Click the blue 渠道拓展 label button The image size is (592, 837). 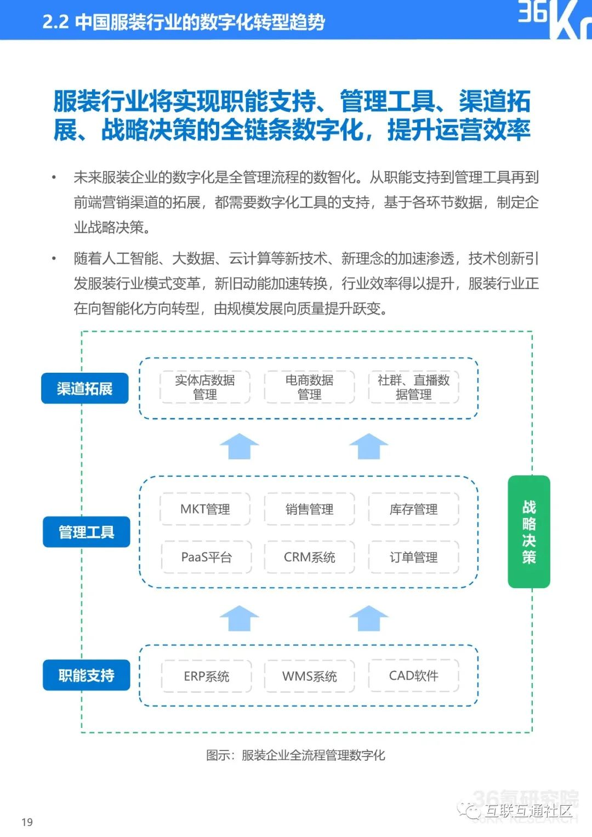point(84,388)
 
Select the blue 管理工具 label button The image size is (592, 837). point(86,532)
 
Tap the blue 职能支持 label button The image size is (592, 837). point(86,675)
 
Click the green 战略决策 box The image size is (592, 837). point(528,532)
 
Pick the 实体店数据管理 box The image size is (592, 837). point(205,387)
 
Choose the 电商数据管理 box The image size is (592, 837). point(309,387)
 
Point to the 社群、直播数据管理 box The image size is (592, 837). point(413,387)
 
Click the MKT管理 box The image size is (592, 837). point(205,509)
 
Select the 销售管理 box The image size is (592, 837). point(309,509)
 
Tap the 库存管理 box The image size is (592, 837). point(413,509)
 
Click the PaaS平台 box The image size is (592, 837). point(206,557)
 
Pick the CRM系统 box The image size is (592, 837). point(309,557)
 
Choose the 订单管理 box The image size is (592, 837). point(413,557)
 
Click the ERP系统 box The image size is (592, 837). point(206,676)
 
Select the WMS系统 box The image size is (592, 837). point(309,676)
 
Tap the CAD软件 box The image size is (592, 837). point(413,675)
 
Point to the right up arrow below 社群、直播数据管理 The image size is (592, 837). point(368,446)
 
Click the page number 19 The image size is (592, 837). point(27,822)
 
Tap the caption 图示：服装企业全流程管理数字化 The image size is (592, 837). point(295,755)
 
